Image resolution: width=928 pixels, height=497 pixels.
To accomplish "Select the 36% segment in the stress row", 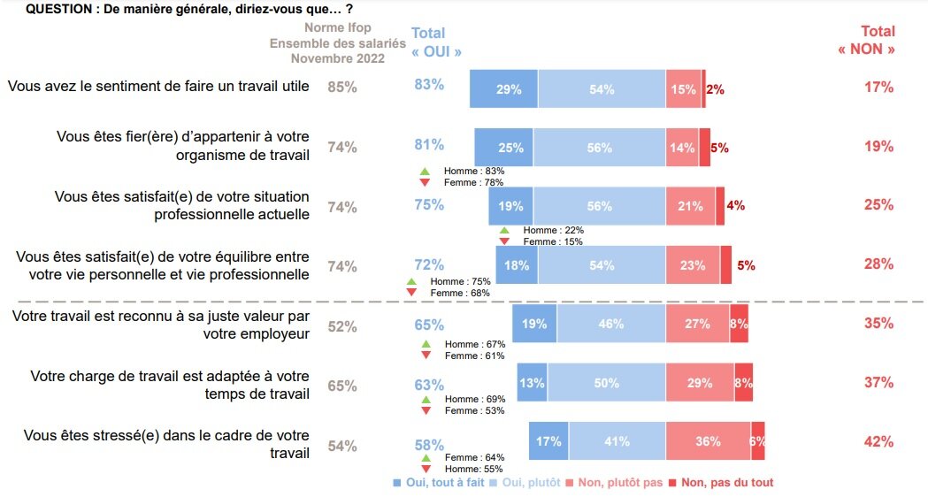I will (708, 441).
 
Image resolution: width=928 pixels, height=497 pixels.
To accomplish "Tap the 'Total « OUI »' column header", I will (436, 42).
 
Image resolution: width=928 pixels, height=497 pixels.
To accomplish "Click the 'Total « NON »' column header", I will (866, 41).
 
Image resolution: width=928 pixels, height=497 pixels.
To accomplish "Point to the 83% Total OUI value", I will (429, 85).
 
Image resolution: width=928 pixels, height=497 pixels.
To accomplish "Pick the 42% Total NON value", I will (878, 442).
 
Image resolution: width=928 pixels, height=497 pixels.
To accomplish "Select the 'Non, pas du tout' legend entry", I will (721, 483).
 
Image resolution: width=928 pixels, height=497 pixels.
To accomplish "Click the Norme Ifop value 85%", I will (342, 88).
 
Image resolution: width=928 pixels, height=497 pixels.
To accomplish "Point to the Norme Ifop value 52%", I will (342, 326).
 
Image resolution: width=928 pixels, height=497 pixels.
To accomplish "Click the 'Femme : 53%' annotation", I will (475, 410).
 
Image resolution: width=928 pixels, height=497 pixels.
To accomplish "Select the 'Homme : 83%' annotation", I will (474, 171).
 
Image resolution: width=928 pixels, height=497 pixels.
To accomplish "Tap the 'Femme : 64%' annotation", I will (475, 457).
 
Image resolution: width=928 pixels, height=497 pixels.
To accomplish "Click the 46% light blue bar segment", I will (610, 324).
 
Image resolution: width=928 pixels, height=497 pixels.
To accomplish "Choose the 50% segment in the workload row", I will (606, 383).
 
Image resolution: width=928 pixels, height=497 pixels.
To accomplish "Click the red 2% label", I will (715, 89).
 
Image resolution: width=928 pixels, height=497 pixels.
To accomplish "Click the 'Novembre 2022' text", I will (338, 58).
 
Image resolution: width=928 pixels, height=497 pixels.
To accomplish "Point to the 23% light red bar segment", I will (693, 265).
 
